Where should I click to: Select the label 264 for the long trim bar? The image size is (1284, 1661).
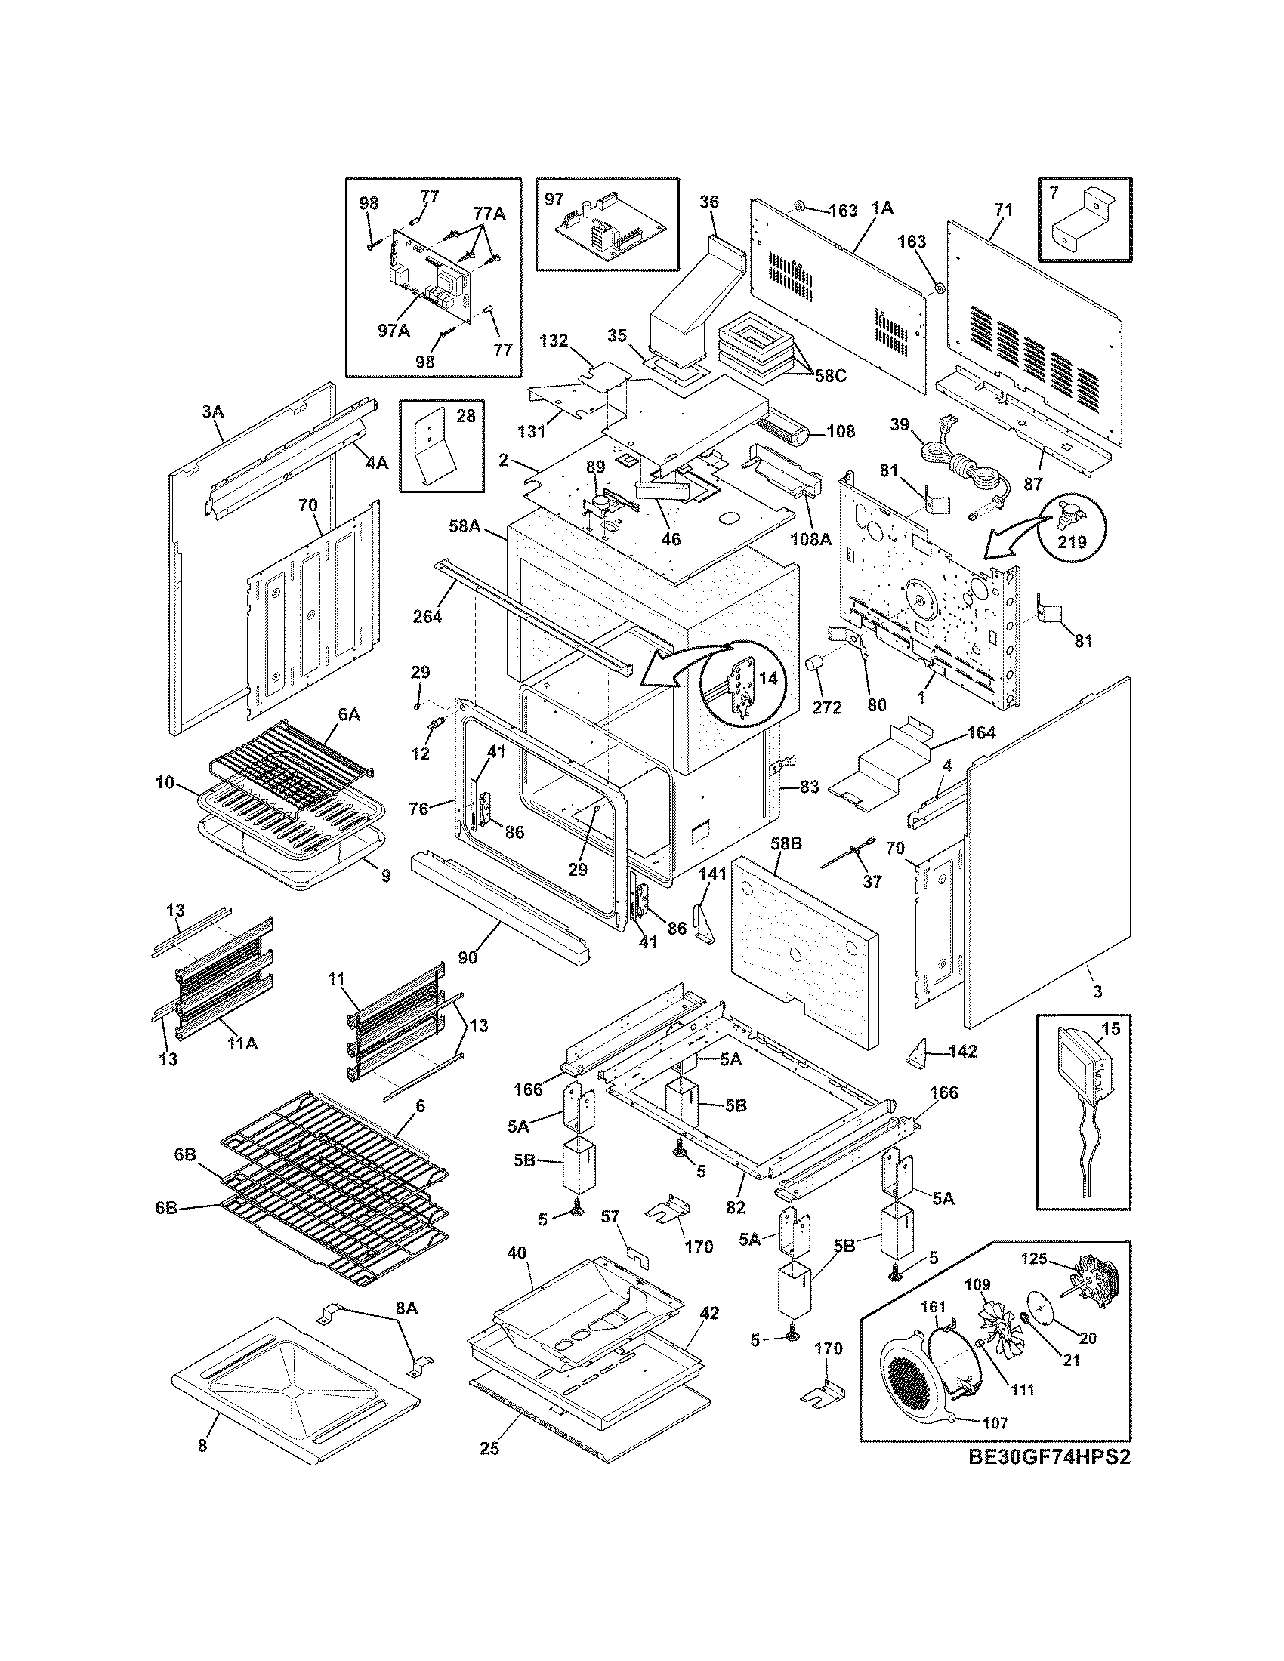tap(427, 616)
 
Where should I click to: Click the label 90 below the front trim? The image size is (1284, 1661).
tap(468, 957)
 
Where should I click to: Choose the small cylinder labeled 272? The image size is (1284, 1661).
tap(816, 666)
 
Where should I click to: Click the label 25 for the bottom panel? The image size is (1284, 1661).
tap(489, 1449)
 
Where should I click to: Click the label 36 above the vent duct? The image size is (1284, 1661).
tap(709, 202)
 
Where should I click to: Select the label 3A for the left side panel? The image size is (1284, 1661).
tap(213, 411)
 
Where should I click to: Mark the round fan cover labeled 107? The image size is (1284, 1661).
tap(914, 1382)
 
